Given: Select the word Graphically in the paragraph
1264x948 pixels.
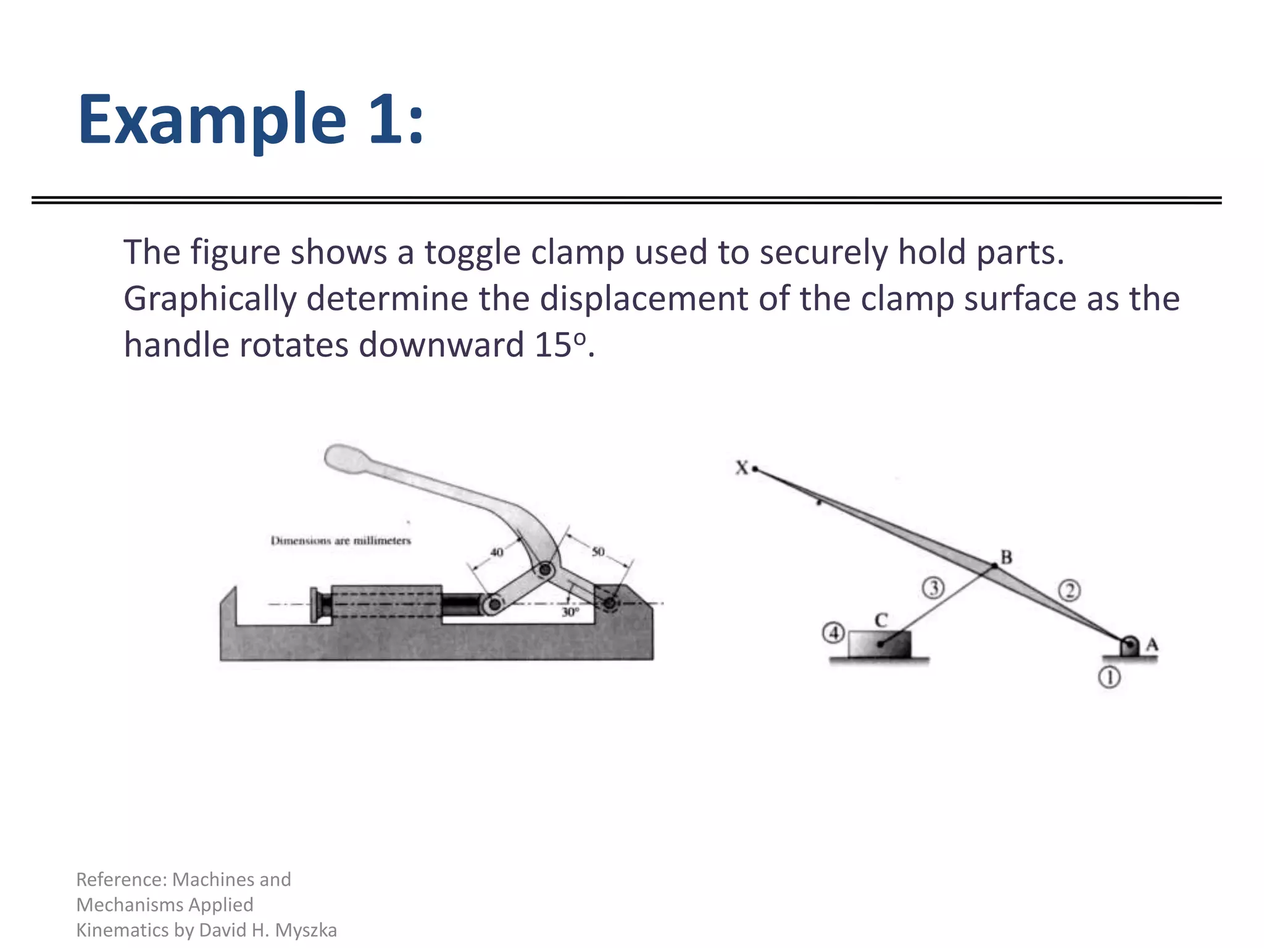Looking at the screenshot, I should (x=209, y=299).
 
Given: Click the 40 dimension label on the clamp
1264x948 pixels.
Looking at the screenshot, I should (x=497, y=552).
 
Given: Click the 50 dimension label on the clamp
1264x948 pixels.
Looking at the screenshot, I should (x=598, y=551).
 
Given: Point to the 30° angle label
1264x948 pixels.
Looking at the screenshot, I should (x=570, y=612).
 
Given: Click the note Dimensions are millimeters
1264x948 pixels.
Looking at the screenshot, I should (x=340, y=541).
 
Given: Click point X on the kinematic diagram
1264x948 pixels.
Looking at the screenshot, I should (x=754, y=470).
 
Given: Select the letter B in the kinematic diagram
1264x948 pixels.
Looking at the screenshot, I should (x=1006, y=557).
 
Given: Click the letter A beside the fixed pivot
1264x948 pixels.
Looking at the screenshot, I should (x=1152, y=645).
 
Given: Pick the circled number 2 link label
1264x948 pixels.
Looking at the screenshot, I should (x=1070, y=591).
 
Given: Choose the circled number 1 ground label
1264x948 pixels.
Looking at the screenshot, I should (x=1109, y=678).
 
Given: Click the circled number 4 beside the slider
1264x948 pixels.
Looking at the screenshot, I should (x=834, y=633).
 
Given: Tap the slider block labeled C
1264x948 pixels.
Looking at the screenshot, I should (x=879, y=644).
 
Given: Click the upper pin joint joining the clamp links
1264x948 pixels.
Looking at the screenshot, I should (x=545, y=570).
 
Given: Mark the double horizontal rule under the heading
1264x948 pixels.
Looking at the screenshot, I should (x=626, y=200).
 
